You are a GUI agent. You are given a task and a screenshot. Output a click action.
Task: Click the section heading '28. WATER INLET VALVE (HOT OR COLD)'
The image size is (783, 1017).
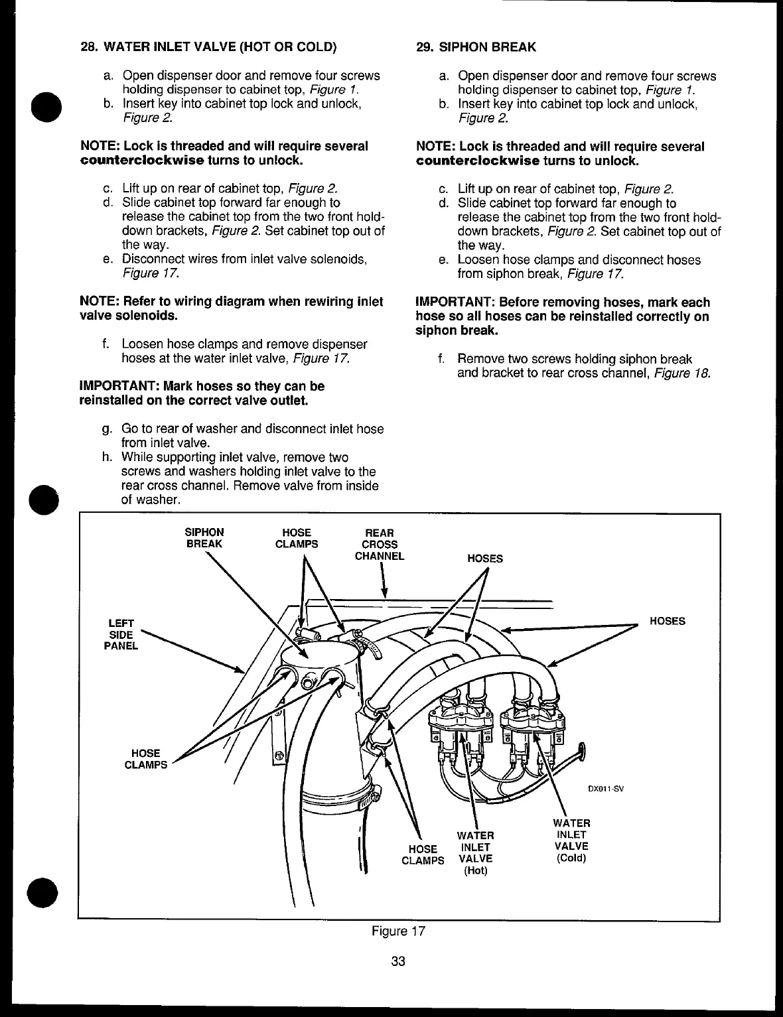[x=208, y=47]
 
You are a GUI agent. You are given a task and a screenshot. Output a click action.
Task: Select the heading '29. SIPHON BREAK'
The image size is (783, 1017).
[x=476, y=47]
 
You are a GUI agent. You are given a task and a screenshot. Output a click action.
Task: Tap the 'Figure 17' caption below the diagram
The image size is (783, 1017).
[x=398, y=931]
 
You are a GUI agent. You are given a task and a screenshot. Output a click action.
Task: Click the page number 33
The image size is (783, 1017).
[x=398, y=961]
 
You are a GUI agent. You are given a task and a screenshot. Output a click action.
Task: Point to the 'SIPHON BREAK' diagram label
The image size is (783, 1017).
[x=204, y=538]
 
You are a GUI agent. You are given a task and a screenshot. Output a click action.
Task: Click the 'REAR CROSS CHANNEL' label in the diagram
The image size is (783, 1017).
[x=380, y=544]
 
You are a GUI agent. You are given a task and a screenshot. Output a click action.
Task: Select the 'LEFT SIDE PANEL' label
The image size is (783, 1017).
[x=121, y=634]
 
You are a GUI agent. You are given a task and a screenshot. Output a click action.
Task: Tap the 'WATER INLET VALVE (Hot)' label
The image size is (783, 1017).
[x=475, y=852]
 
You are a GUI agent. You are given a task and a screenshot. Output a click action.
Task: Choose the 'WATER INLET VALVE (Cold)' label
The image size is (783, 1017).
[x=571, y=841]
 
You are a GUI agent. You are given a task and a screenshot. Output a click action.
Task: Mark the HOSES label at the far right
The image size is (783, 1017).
[x=668, y=621]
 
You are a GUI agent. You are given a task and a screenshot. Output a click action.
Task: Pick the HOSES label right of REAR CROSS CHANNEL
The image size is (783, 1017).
[x=485, y=559]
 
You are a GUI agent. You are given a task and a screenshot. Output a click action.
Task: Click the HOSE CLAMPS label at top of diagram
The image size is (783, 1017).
[x=297, y=538]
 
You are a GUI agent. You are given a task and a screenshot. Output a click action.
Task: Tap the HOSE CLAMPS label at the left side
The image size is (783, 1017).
[x=146, y=759]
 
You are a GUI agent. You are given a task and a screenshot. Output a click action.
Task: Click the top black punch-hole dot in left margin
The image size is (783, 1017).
[x=45, y=106]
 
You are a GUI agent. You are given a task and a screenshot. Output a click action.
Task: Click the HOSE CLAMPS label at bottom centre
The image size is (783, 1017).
[x=423, y=854]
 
